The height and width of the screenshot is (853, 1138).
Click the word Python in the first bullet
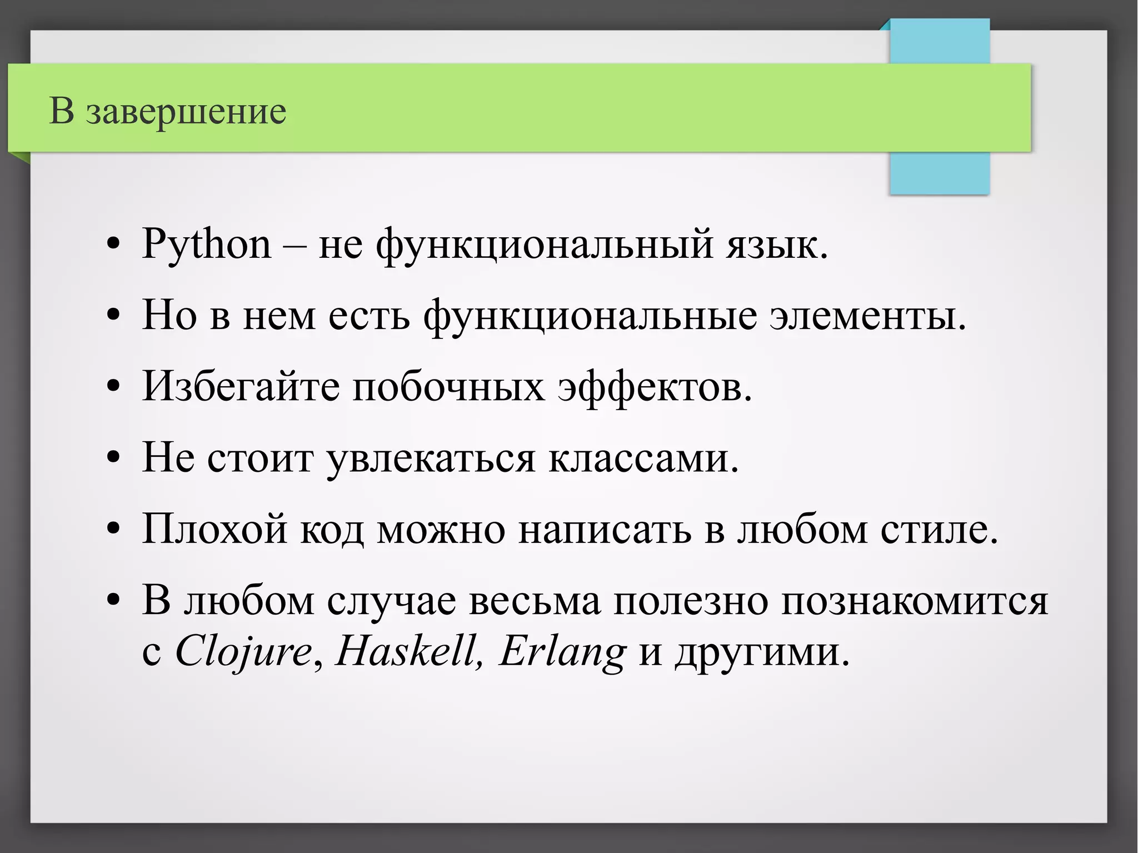pyautogui.click(x=206, y=245)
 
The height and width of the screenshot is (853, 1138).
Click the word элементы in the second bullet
pyautogui.click(x=867, y=316)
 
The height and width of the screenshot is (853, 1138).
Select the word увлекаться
pyautogui.click(x=430, y=459)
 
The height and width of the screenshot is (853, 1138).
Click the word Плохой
pyautogui.click(x=214, y=528)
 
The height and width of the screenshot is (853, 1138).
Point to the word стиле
pyautogui.click(x=939, y=528)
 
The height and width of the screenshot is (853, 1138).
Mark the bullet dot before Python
pyautogui.click(x=113, y=245)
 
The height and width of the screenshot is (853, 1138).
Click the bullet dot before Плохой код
pyautogui.click(x=113, y=528)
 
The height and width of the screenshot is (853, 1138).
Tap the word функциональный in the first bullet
pyautogui.click(x=544, y=245)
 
